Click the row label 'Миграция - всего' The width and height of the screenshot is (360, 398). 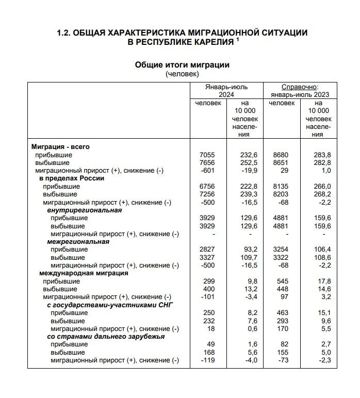(x=60, y=147)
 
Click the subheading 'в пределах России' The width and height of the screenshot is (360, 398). (x=72, y=178)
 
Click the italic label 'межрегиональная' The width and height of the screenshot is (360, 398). (x=78, y=242)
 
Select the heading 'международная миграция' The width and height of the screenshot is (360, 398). (x=84, y=273)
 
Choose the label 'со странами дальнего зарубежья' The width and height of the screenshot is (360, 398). (x=106, y=337)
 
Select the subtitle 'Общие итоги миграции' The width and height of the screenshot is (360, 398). (x=182, y=65)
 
